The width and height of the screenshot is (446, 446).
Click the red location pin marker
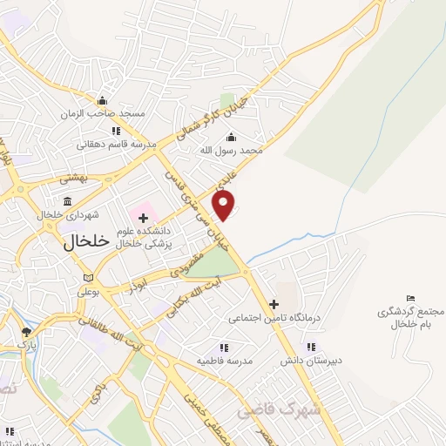224,205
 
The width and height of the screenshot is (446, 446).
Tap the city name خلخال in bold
86,243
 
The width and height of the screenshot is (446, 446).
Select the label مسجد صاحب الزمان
103,114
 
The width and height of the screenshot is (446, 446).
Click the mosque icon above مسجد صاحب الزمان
103,100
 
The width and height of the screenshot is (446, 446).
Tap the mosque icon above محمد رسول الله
231,137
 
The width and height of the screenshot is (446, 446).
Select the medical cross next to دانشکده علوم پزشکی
144,216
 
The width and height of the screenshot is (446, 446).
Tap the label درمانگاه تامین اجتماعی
275,318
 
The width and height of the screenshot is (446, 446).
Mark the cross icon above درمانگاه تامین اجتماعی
274,304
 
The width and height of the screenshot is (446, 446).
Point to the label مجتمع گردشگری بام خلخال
401,318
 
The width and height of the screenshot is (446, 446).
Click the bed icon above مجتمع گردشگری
411,299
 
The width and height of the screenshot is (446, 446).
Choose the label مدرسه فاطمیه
224,360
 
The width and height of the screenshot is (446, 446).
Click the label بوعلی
88,292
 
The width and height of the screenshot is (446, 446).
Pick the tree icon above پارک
27,332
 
